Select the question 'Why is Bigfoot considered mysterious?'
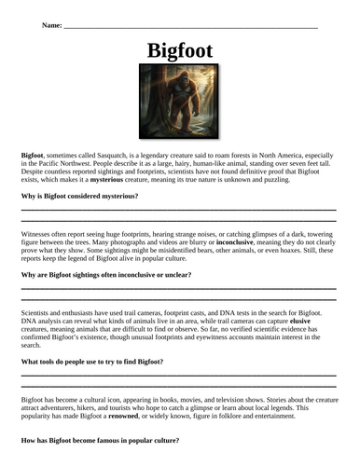pos(79,197)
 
